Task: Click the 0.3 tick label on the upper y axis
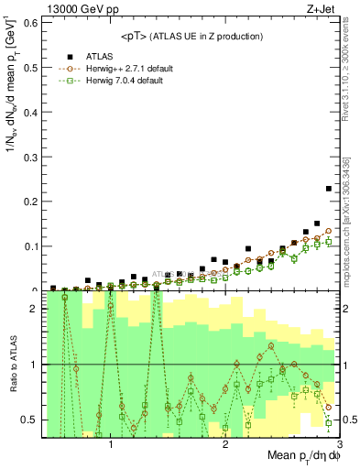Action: pos(28,156)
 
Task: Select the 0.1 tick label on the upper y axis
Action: pos(28,245)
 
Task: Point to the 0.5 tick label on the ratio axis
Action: pos(28,420)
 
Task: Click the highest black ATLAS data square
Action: pos(329,189)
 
